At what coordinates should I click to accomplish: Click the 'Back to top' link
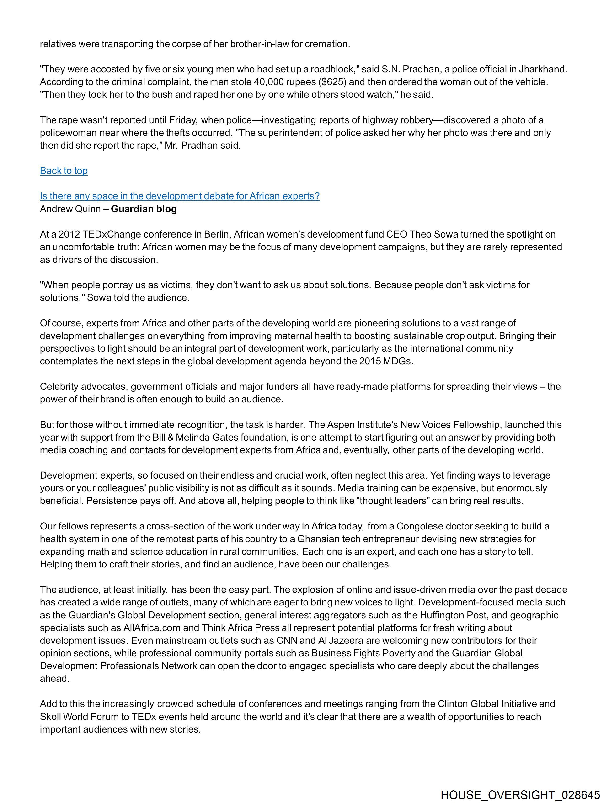(64, 171)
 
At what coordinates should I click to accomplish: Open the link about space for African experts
(180, 196)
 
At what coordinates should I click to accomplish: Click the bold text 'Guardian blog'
(144, 209)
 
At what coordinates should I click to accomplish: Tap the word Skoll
(51, 717)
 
